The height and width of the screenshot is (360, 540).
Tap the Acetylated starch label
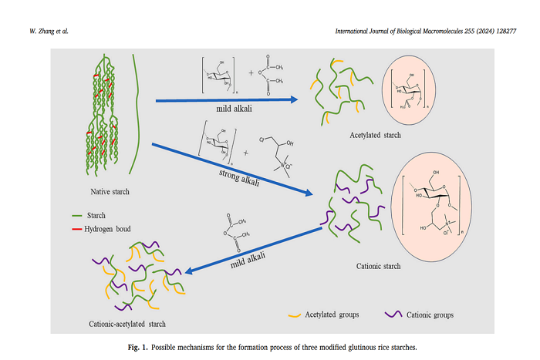[353, 136]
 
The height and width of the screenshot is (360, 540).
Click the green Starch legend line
[76, 215]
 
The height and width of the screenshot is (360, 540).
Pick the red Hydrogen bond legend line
[76, 230]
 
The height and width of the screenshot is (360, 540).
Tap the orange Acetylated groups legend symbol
[295, 315]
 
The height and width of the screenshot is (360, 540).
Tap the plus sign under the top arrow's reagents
[251, 75]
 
